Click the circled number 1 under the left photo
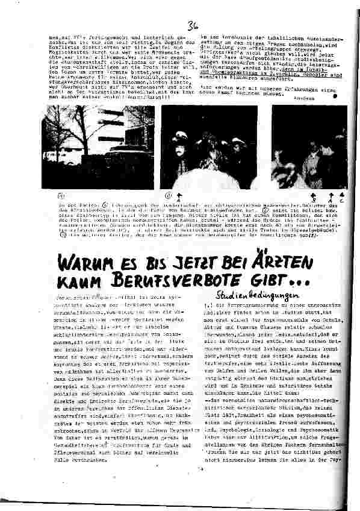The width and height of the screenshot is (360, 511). point(60,196)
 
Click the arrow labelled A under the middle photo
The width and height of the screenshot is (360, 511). point(179,195)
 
